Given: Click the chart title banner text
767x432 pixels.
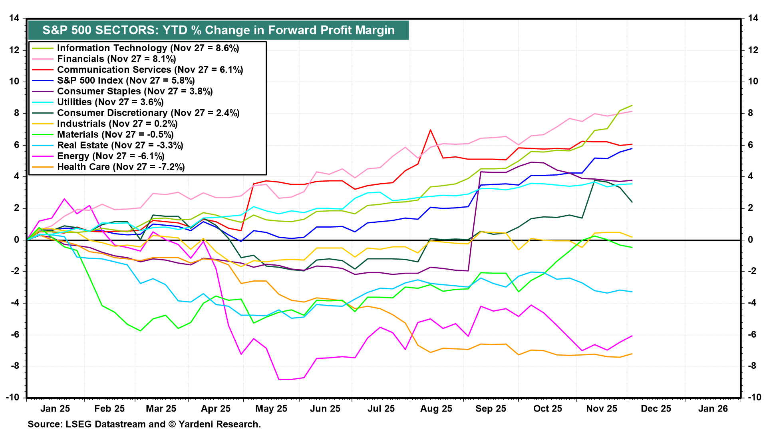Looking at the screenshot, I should click(219, 30).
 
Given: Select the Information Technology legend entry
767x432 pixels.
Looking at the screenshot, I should click(148, 48).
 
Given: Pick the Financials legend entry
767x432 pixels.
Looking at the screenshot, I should click(116, 59).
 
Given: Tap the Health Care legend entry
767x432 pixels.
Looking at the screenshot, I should click(121, 167).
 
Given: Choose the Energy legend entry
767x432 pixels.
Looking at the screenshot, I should click(111, 156).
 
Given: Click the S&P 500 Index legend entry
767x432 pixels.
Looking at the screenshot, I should click(125, 80).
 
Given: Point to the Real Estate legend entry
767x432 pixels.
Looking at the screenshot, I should click(120, 145).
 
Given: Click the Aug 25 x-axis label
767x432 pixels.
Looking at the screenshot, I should click(436, 409).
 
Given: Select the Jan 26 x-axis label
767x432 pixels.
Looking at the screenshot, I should click(713, 409).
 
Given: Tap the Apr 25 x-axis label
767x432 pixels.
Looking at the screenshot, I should click(216, 409).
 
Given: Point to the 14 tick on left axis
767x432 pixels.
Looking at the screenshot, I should click(14, 18).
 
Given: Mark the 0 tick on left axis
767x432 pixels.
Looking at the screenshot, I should click(16, 240).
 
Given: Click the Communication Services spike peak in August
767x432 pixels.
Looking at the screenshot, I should click(430, 130).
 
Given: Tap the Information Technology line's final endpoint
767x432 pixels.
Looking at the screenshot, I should click(632, 106).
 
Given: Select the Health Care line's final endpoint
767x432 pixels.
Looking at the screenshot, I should click(632, 354).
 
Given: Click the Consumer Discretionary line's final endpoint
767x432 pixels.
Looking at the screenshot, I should click(632, 202).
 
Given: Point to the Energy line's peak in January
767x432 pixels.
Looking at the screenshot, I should click(64, 199).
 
